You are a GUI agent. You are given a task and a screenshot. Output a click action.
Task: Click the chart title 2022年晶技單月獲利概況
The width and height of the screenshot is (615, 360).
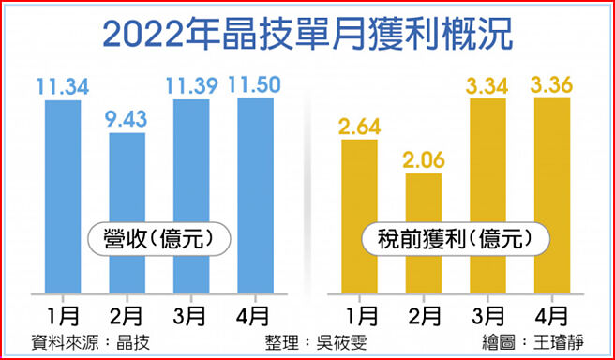coord(307,34)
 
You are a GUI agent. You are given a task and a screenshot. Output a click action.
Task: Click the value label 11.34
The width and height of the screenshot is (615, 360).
coord(63,88)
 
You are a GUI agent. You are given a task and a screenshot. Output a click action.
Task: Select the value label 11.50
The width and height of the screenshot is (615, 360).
coord(255,85)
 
